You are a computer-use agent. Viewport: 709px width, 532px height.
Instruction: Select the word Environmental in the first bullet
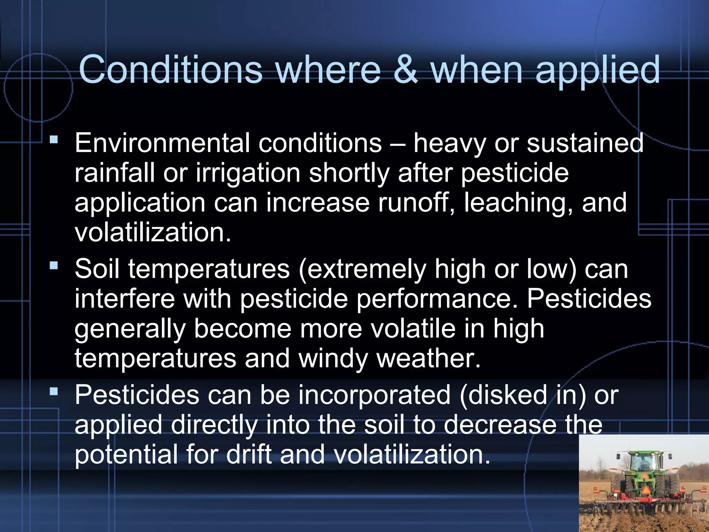pos(162,143)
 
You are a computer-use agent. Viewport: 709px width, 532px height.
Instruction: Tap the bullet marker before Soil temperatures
pos(54,266)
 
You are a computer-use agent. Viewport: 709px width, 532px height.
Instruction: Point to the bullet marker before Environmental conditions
pos(54,140)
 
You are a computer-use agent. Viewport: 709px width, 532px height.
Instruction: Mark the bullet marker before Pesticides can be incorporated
pos(54,392)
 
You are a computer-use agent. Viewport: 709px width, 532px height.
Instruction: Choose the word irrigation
pos(248,173)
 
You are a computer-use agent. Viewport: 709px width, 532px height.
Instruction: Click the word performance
pos(437,299)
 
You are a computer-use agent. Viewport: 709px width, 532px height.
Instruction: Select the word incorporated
pos(374,395)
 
